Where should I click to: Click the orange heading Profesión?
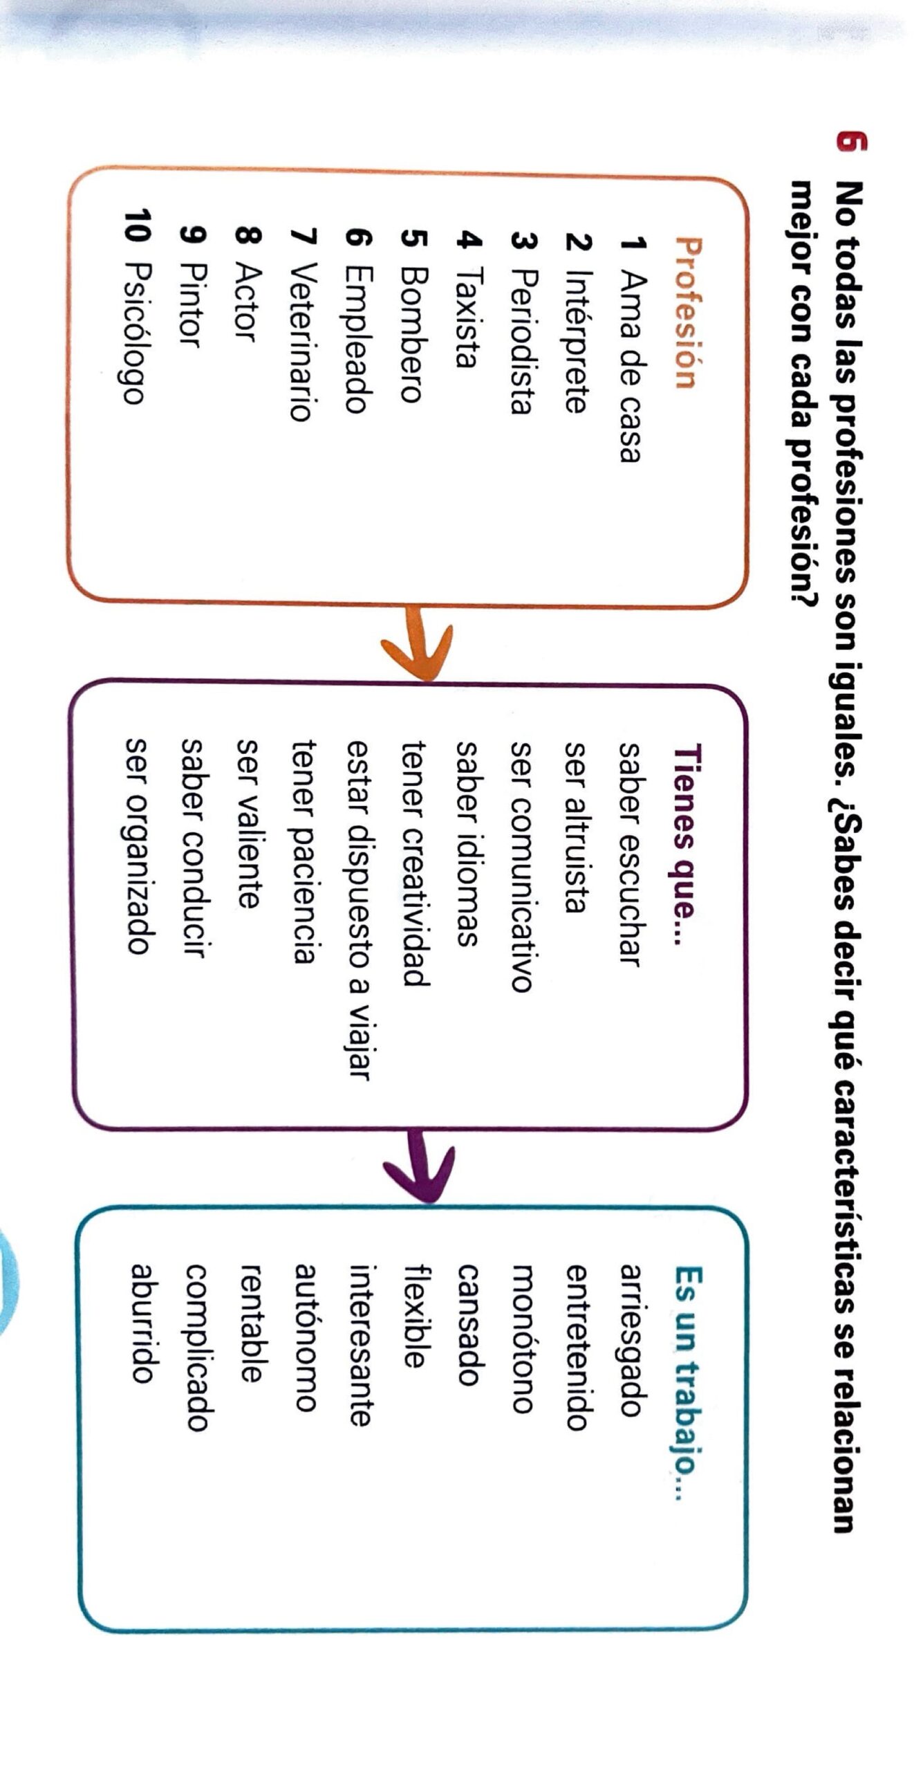pos(684,313)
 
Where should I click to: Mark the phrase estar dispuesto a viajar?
pos(359,910)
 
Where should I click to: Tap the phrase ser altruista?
pos(577,827)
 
